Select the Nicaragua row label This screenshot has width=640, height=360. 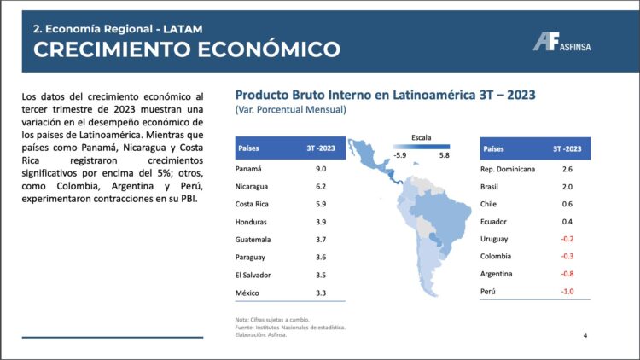click(x=253, y=187)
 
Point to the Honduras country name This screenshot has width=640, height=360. click(x=253, y=223)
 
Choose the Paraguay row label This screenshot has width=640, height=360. click(x=252, y=258)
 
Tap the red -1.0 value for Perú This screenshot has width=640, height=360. click(x=567, y=293)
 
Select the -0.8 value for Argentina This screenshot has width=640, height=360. click(x=567, y=274)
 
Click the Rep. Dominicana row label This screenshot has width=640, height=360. click(x=509, y=169)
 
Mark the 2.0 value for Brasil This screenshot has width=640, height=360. click(x=567, y=187)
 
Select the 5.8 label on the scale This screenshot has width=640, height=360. click(x=444, y=156)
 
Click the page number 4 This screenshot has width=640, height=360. click(x=585, y=334)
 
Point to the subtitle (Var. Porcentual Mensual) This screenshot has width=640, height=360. click(x=290, y=110)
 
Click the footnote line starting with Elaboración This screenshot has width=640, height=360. click(x=261, y=335)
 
